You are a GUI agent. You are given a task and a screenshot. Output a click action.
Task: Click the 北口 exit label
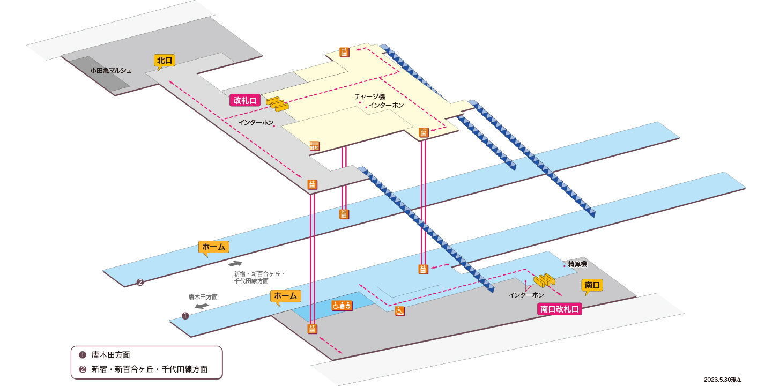click(x=165, y=61)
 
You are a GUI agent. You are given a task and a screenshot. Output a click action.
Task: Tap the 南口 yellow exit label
click(x=592, y=285)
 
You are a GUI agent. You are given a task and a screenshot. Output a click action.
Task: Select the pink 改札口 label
click(x=244, y=101)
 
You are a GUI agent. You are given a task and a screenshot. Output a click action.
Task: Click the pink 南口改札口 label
click(x=559, y=309)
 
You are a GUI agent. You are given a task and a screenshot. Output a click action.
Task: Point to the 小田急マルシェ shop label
click(x=110, y=71)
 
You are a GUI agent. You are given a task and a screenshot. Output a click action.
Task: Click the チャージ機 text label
click(x=369, y=97)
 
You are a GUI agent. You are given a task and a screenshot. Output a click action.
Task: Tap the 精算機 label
click(x=577, y=264)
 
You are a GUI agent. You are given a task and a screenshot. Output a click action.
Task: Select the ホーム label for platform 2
click(x=214, y=247)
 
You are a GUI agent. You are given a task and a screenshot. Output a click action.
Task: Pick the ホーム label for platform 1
click(x=285, y=296)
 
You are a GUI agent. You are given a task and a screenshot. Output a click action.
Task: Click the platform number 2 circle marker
click(x=140, y=282)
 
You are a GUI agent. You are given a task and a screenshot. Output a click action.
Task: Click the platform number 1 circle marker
click(x=185, y=316)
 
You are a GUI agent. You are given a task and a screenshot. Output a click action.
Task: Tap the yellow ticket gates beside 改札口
click(x=278, y=104)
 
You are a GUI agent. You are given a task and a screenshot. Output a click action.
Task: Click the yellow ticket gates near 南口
click(x=545, y=280)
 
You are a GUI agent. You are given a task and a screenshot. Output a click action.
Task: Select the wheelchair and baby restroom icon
click(x=342, y=306)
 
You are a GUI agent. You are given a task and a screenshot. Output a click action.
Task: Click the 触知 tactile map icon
click(x=314, y=146)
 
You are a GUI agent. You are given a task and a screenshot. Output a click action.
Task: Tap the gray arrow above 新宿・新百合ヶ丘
click(x=235, y=264)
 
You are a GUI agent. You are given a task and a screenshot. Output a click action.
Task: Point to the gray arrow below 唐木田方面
click(x=202, y=306)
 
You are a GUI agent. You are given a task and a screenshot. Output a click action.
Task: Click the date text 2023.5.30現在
click(x=722, y=380)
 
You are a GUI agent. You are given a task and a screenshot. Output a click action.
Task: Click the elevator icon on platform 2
click(x=344, y=214)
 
